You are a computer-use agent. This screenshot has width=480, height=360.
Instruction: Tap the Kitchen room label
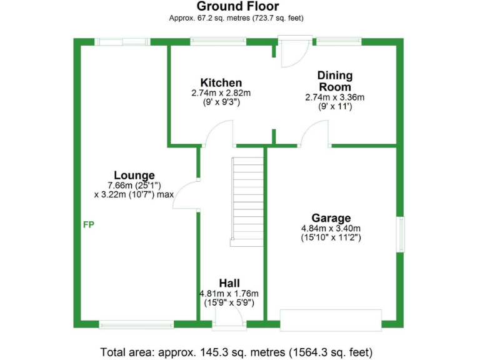coord(221,82)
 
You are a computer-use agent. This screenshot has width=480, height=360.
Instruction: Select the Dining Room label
coord(334,81)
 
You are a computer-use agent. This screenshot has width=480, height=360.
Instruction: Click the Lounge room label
coord(134,175)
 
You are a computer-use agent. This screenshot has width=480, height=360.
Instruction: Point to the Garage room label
coord(331,218)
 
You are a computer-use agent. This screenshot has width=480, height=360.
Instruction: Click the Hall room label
coord(229,283)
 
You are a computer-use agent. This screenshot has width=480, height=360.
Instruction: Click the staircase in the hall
coord(248,201)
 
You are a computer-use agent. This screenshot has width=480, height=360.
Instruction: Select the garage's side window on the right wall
coord(401,234)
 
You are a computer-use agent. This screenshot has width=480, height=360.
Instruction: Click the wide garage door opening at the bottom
coord(331,320)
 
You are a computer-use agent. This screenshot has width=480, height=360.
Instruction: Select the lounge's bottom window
coord(136,324)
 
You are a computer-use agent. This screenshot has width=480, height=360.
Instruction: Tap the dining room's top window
coord(339,42)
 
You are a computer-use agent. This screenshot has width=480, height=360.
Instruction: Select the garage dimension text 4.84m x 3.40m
coord(331,228)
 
